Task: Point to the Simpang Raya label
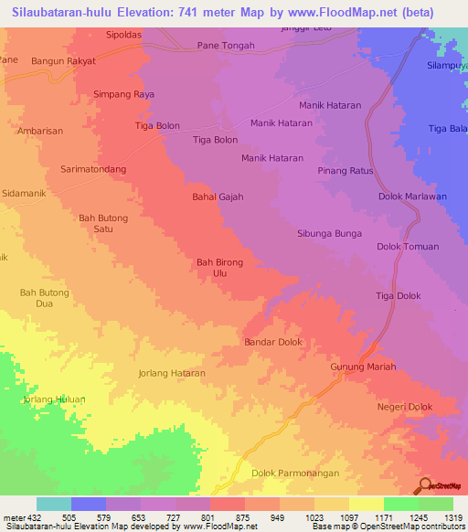123,94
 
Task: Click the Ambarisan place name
40,131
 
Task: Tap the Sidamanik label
27,195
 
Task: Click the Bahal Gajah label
218,197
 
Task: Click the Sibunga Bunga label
329,234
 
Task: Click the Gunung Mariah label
362,367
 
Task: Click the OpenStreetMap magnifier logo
423,484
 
